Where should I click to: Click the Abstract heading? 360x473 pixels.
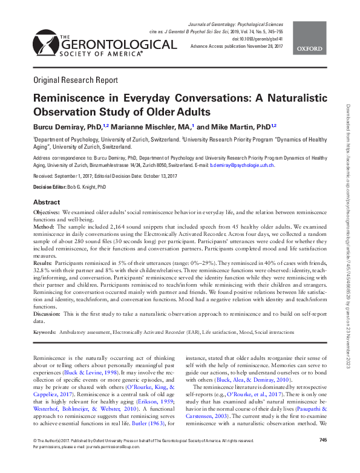[46, 202]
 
